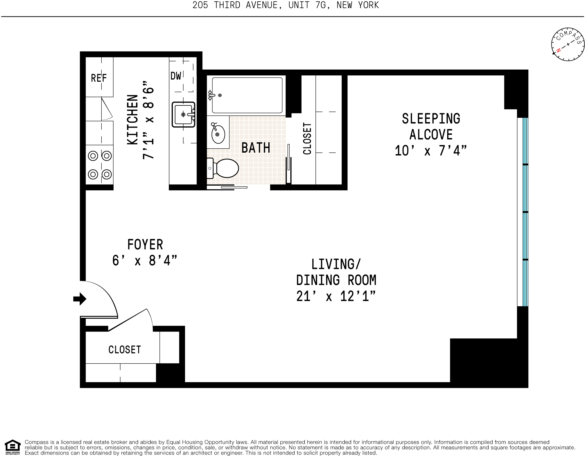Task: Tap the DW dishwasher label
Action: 176,76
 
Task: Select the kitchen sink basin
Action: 183,114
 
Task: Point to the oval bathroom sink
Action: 218,134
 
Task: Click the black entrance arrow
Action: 80,299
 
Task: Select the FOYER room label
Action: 145,244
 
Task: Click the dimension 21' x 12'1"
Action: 336,296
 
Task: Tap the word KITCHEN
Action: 132,120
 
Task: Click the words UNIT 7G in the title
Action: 307,5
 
